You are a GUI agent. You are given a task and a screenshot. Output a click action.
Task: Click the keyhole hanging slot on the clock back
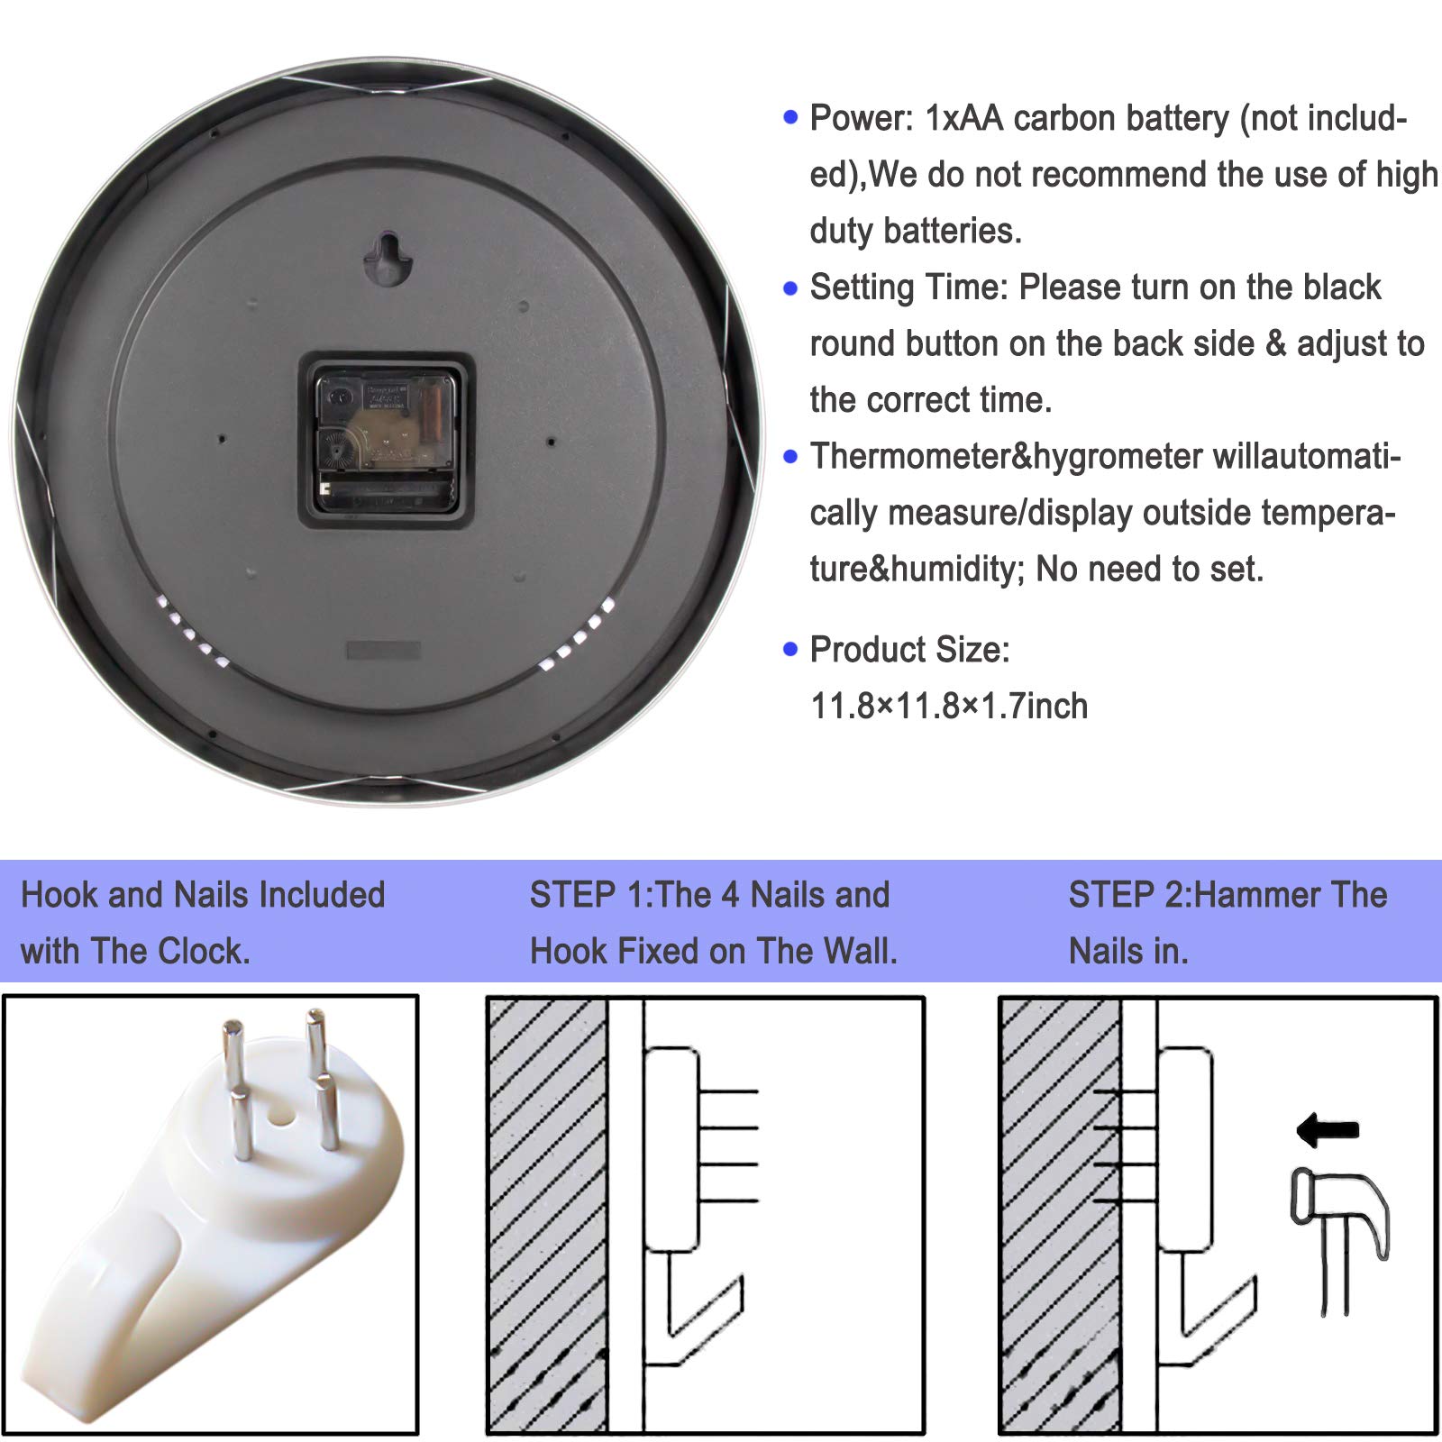point(388,259)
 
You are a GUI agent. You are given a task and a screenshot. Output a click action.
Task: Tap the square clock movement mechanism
point(387,441)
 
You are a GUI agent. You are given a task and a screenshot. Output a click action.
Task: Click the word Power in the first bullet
point(861,118)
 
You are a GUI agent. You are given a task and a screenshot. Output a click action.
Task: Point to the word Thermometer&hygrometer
point(1006,457)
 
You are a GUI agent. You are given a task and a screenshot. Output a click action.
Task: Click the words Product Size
point(909,650)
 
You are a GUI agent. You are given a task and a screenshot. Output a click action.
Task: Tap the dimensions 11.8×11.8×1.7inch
point(949,707)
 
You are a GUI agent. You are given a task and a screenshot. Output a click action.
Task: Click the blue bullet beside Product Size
point(791,649)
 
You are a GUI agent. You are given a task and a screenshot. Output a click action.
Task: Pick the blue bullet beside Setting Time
point(791,288)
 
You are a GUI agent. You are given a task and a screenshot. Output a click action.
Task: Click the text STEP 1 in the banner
point(587,895)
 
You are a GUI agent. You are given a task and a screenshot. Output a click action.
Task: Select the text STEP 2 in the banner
point(1127,895)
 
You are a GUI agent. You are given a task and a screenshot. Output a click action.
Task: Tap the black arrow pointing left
point(1328,1130)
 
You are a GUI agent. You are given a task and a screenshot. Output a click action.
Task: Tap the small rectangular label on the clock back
point(383,651)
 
